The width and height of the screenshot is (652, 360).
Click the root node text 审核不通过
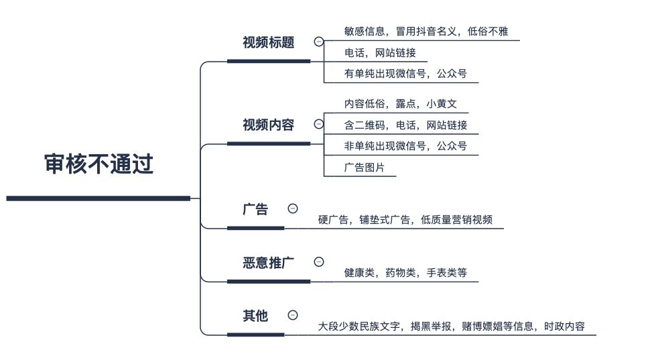click(x=99, y=164)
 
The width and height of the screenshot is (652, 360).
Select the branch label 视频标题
click(x=269, y=42)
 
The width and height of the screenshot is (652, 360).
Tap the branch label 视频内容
click(x=269, y=125)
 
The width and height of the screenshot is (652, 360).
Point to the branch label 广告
click(x=255, y=209)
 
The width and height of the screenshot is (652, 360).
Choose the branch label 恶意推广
click(x=269, y=263)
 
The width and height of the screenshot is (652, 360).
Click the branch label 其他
click(x=255, y=316)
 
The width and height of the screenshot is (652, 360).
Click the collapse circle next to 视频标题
click(x=319, y=42)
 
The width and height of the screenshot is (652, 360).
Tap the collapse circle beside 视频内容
click(x=319, y=124)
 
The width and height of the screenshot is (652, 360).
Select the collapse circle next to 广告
click(x=293, y=208)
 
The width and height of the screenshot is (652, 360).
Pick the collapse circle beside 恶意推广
click(x=319, y=261)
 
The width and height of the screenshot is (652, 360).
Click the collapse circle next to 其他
click(x=293, y=315)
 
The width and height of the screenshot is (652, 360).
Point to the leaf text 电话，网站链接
click(x=380, y=53)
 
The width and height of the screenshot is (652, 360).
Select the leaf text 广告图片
click(x=365, y=168)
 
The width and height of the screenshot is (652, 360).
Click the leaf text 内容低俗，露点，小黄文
click(x=401, y=104)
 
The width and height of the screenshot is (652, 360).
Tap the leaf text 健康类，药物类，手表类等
click(x=405, y=273)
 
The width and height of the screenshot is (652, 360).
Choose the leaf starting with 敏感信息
click(x=426, y=32)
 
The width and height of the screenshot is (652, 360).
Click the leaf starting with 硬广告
click(x=405, y=220)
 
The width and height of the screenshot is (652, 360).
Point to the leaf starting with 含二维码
click(x=405, y=125)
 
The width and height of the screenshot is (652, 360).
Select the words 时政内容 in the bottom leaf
click(x=564, y=326)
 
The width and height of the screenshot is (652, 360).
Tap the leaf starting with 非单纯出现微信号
click(x=405, y=146)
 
